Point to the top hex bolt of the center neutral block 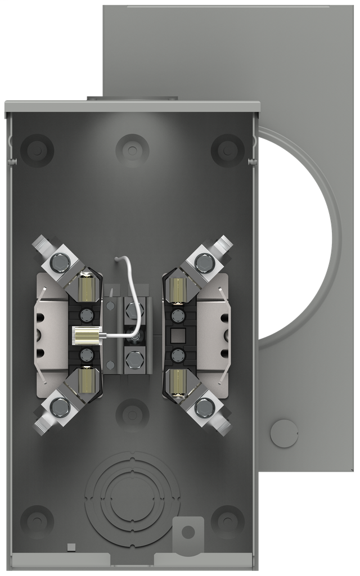[x=132, y=308]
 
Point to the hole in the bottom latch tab [x=188, y=531]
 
